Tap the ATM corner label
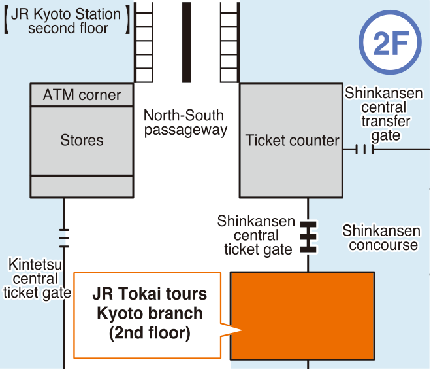tap(82, 95)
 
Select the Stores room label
tap(82, 140)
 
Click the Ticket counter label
tap(292, 140)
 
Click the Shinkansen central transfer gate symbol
tap(363, 150)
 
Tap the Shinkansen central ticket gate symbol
tap(308, 237)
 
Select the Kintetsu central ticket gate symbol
tap(64, 238)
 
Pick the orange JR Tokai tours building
tap(302, 315)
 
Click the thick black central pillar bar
tap(187, 42)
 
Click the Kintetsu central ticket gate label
tap(36, 279)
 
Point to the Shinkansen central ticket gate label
tap(257, 236)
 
